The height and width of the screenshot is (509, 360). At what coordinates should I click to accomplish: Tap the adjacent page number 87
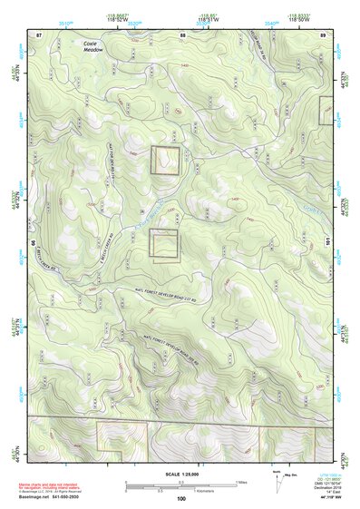pos(40,34)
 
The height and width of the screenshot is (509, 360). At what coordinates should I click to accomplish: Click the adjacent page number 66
pos(34,244)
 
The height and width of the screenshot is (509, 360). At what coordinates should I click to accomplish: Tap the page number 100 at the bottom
pos(181,498)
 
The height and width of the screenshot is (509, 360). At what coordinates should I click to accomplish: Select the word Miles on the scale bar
pos(241,482)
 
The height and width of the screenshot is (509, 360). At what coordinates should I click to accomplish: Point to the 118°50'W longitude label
pos(299,19)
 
